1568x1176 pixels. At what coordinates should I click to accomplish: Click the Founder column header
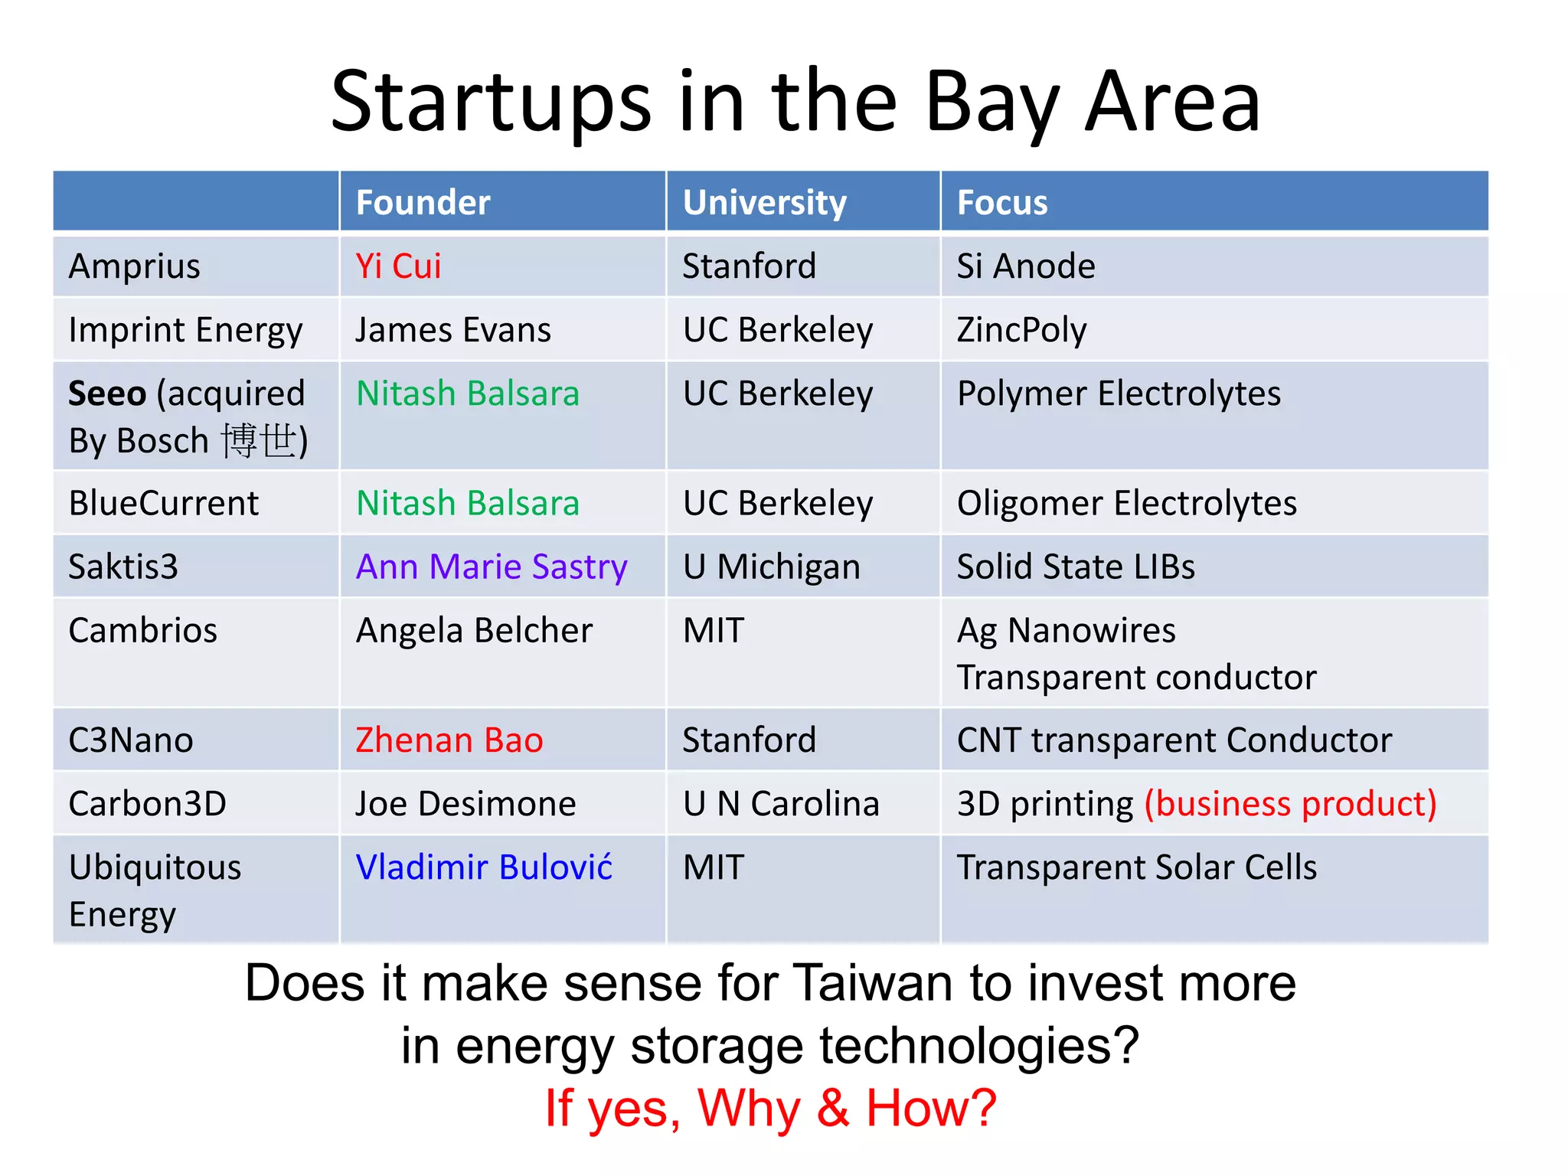coord(423,203)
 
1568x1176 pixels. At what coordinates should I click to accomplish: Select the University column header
coord(764,203)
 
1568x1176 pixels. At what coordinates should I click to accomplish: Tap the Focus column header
coord(1001,203)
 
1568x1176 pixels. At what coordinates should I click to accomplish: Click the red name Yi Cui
coord(398,266)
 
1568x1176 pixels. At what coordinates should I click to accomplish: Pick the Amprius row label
coord(134,266)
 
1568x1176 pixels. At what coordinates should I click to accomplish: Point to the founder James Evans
coord(452,330)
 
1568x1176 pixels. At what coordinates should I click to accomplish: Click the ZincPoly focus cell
coord(1021,330)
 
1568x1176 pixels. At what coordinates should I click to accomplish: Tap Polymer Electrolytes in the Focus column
coord(1118,394)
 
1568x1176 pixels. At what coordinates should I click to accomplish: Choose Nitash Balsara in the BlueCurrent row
coord(467,504)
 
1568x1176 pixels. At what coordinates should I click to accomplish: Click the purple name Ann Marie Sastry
coord(492,567)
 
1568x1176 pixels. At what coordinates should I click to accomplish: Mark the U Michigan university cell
coord(771,567)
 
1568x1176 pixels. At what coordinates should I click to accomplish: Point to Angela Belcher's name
coord(474,631)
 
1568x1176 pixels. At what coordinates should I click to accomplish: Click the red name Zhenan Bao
coord(449,740)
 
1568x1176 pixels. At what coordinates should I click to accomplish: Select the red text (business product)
coord(1290,804)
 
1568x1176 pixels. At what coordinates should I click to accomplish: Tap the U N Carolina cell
coord(781,804)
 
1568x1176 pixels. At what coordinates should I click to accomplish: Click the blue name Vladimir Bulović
coord(484,867)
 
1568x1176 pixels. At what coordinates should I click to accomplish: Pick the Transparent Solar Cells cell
coord(1136,867)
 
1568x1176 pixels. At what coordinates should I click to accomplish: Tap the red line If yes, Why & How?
coord(770,1108)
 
